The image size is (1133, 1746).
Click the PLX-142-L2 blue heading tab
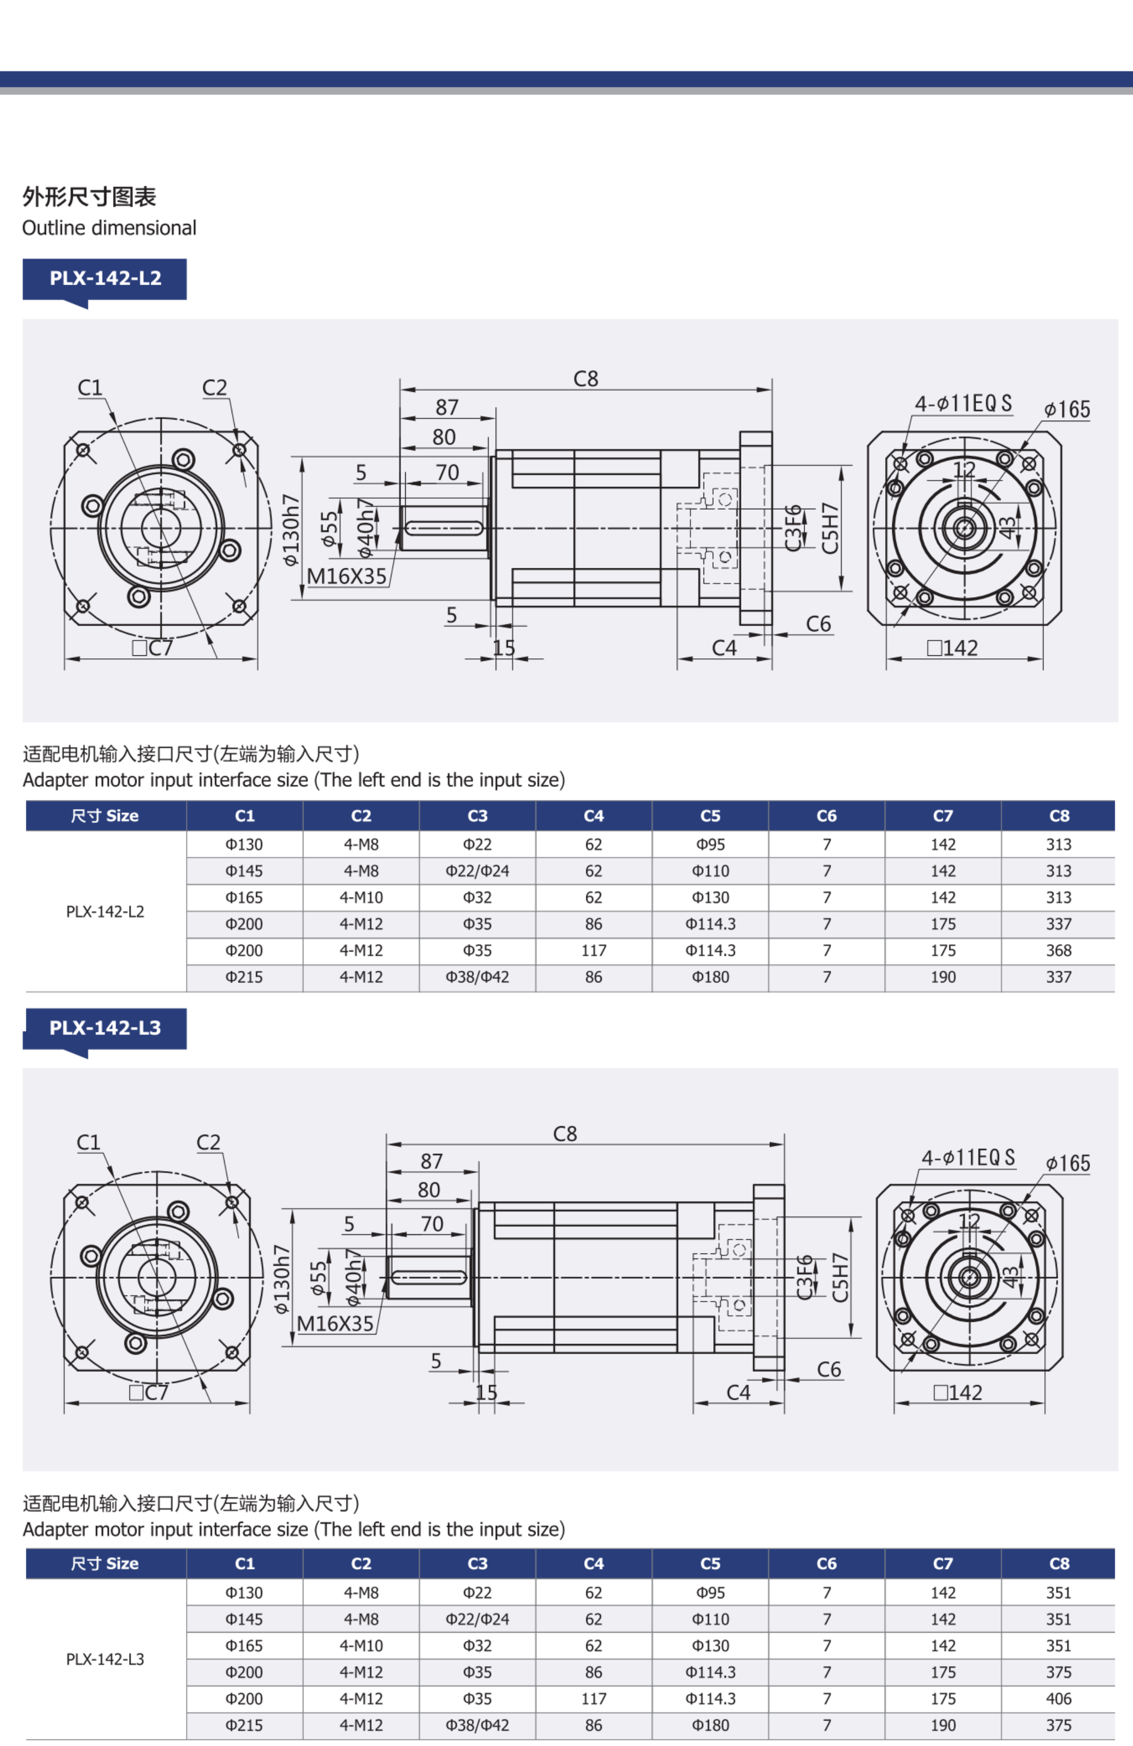point(105,279)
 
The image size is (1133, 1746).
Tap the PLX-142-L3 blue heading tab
point(105,1028)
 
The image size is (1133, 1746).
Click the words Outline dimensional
point(109,228)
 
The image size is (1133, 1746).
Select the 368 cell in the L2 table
point(1058,951)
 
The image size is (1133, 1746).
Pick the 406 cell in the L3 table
point(1058,1699)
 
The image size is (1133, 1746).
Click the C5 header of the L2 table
point(710,816)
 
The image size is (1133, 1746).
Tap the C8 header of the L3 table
point(1058,1564)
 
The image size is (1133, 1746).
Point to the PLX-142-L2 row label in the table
point(105,912)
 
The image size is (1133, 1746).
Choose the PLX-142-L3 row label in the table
point(105,1660)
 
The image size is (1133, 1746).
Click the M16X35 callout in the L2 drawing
point(346,576)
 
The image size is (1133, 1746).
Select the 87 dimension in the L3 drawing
point(431,1161)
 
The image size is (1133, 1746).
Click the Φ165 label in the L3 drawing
point(1068,1163)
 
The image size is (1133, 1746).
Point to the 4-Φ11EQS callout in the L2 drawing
point(963,404)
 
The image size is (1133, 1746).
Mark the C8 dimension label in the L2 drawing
point(586,379)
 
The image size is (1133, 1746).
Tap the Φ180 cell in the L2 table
point(710,977)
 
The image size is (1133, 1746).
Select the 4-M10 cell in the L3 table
point(361,1646)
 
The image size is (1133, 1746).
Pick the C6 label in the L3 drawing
point(829,1370)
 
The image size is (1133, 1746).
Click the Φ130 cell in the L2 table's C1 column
point(244,845)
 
